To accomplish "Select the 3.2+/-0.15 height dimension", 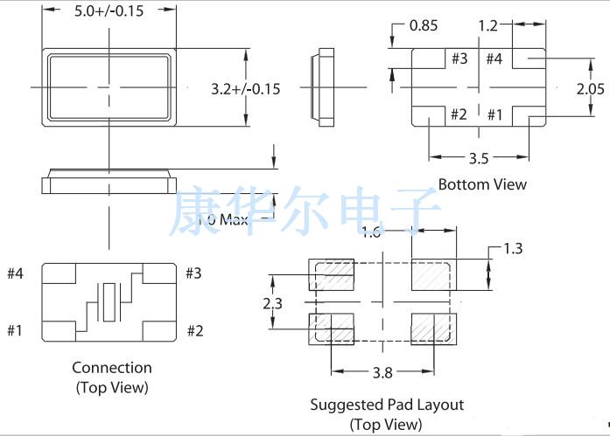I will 245,88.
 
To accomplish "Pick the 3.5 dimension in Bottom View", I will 478,159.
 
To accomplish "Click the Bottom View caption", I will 482,184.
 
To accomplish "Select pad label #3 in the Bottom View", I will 459,59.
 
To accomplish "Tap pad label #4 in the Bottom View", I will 494,59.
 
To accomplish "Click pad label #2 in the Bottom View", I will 459,114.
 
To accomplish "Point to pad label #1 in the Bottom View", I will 494,114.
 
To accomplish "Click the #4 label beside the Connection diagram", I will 16,273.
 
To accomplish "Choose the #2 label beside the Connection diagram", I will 194,330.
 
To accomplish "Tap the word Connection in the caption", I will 111,368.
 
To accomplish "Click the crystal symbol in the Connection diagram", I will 109,301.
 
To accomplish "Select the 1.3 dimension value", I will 514,250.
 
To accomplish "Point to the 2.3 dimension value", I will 273,302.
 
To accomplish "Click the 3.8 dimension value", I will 382,373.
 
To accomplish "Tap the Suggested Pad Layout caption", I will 386,405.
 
